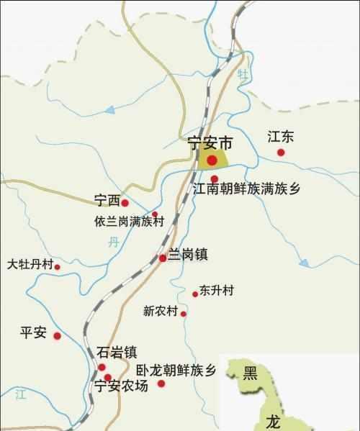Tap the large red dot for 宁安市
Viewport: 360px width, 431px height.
(x=212, y=160)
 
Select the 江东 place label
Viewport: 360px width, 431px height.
(x=282, y=137)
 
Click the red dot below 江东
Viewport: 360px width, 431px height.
(x=282, y=153)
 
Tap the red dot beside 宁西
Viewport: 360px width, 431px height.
(x=125, y=204)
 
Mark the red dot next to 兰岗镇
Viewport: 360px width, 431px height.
(x=163, y=258)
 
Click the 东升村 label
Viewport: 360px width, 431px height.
(x=217, y=291)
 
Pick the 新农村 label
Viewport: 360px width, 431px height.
(x=160, y=312)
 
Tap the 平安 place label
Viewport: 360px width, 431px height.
(x=33, y=332)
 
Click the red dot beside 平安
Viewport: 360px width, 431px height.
(x=58, y=335)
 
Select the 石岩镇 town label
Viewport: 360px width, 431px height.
(x=116, y=353)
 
